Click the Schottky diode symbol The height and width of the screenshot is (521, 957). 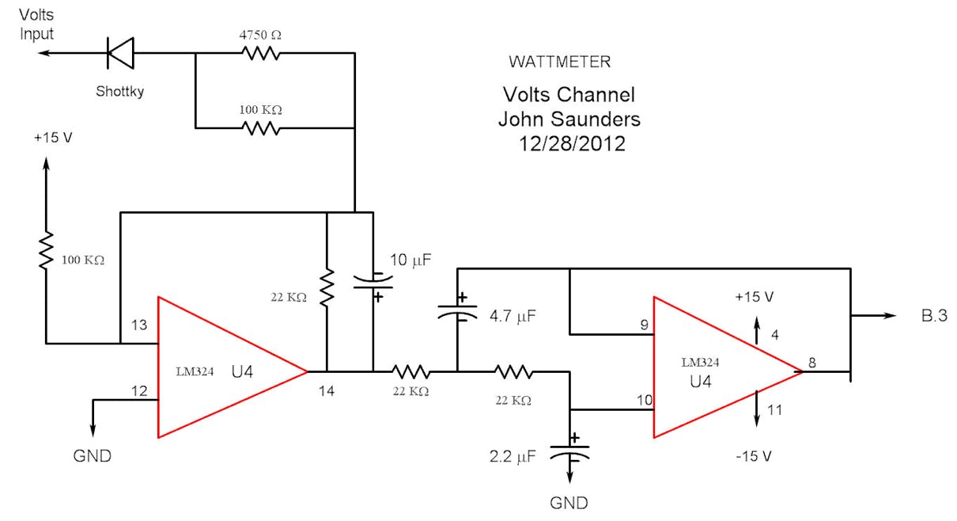click(x=120, y=53)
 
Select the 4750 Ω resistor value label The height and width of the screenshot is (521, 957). click(x=260, y=36)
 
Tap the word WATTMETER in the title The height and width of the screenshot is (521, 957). click(x=560, y=62)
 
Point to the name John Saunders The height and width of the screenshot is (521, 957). click(x=569, y=120)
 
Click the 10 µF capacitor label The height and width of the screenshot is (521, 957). click(x=411, y=260)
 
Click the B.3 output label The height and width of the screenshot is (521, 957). click(x=933, y=316)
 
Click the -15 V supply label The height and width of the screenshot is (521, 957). click(x=752, y=457)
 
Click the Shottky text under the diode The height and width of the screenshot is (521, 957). click(x=119, y=91)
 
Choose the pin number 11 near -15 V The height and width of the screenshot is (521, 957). click(x=774, y=409)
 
